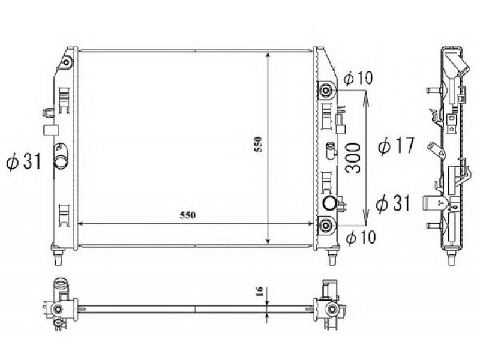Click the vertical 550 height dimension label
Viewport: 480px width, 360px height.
tap(258, 145)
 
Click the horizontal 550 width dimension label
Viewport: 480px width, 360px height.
tap(187, 215)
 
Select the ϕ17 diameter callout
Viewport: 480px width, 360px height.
tap(396, 146)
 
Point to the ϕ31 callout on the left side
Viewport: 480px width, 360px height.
tap(24, 161)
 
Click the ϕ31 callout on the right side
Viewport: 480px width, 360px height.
tap(393, 203)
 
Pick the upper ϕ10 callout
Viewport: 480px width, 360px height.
tap(358, 78)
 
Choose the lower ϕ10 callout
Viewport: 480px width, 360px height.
tap(361, 237)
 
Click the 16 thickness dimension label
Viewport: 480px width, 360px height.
tap(259, 291)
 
